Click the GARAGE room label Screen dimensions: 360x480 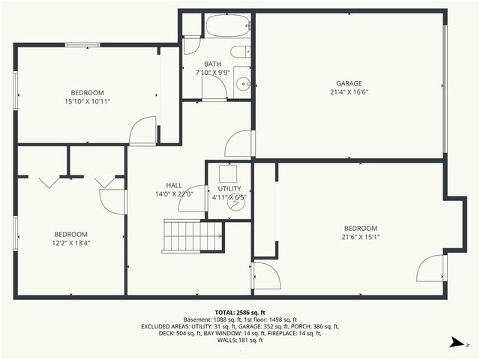tap(349, 83)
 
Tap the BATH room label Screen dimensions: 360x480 tap(212, 64)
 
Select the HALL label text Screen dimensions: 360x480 tap(174, 185)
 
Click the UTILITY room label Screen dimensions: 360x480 tap(229, 189)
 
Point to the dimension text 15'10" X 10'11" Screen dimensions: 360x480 tap(88, 101)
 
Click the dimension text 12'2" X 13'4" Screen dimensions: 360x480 tap(70, 242)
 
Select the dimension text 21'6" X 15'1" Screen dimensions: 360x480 tap(360, 237)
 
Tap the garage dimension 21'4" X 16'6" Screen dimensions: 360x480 tap(349, 92)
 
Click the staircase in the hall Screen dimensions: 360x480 tap(193, 235)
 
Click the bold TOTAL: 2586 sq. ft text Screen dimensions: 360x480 tap(240, 312)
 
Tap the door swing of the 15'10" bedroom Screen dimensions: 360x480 tap(142, 132)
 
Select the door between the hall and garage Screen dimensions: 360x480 tap(239, 143)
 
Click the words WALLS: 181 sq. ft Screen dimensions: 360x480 tap(240, 340)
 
